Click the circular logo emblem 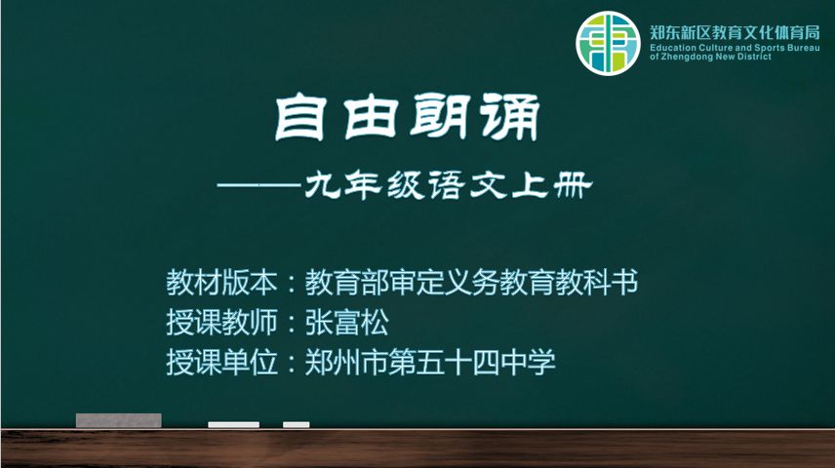pyautogui.click(x=608, y=43)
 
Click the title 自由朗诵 pyautogui.click(x=408, y=117)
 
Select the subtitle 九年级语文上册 pyautogui.click(x=448, y=186)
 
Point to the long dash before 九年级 pyautogui.click(x=259, y=186)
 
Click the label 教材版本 pyautogui.click(x=221, y=282)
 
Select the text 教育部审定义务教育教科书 pyautogui.click(x=471, y=282)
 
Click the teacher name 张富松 pyautogui.click(x=346, y=322)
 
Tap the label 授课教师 pyautogui.click(x=221, y=322)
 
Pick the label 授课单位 pyautogui.click(x=221, y=363)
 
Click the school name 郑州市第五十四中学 pyautogui.click(x=430, y=363)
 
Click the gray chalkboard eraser pyautogui.click(x=119, y=420)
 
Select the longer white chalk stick pyautogui.click(x=234, y=424)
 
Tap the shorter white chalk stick pyautogui.click(x=297, y=424)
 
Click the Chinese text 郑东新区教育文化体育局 pyautogui.click(x=735, y=32)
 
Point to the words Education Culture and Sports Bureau pyautogui.click(x=735, y=48)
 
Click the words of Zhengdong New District pyautogui.click(x=710, y=57)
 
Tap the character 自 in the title pyautogui.click(x=299, y=117)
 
